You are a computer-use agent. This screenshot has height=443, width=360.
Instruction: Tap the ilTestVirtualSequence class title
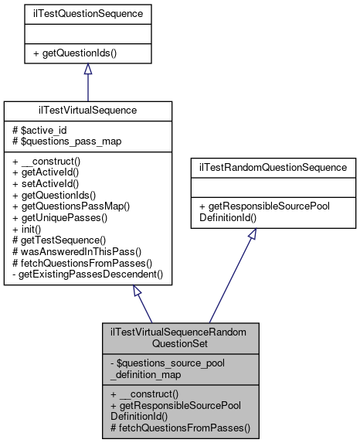87,111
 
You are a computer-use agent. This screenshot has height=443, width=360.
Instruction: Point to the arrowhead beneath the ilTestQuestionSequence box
87,70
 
